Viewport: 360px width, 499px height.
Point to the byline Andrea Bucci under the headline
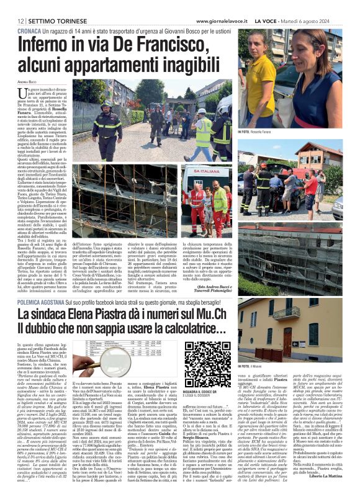28,81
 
